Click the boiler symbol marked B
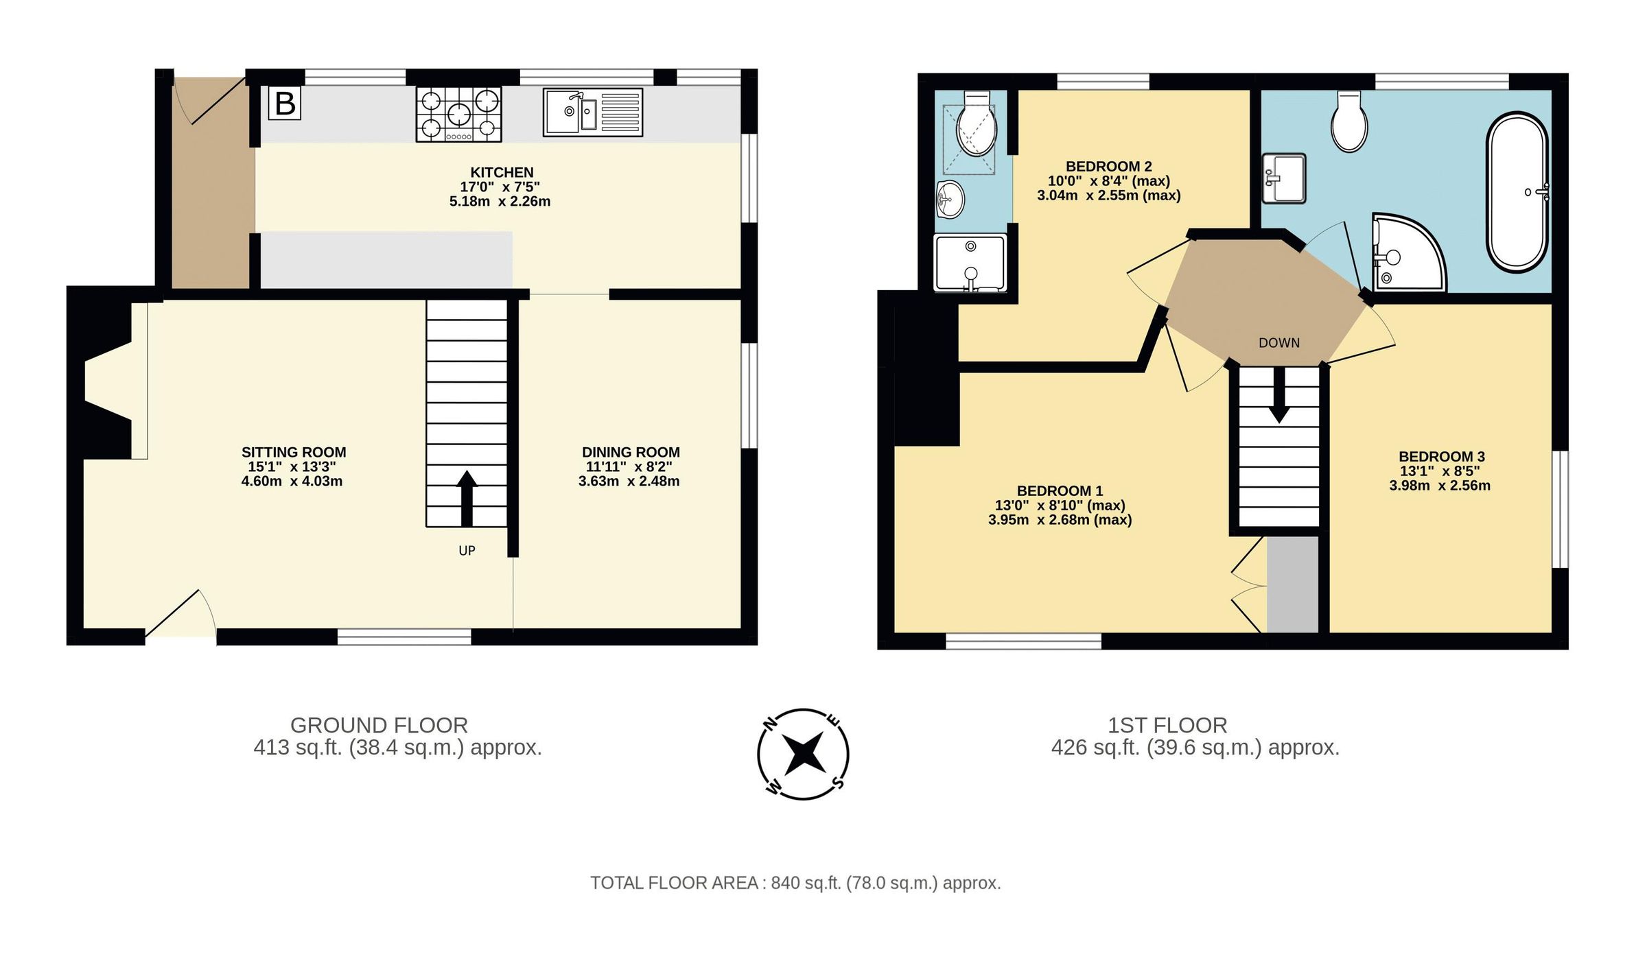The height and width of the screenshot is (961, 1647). point(284,104)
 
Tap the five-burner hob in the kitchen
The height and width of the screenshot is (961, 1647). point(458,114)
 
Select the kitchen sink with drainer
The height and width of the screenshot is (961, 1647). point(593,112)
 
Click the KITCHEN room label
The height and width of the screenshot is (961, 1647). point(502,172)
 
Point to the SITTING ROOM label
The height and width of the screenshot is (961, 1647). point(293,452)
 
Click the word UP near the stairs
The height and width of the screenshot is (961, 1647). point(467,551)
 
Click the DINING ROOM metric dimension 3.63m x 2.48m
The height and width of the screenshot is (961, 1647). point(629,482)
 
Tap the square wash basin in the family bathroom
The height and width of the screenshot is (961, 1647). point(1284,178)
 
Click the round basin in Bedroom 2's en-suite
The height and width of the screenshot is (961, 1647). point(950,200)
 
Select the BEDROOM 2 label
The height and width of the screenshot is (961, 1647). point(1108,166)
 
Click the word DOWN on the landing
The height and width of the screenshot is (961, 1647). point(1278,343)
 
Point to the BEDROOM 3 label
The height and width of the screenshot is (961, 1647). point(1441,456)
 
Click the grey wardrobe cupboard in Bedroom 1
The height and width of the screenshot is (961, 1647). point(1292,584)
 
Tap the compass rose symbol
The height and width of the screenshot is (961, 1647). point(803,754)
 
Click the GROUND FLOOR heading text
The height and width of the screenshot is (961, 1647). point(379,725)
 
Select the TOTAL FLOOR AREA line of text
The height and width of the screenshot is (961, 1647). point(795,883)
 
